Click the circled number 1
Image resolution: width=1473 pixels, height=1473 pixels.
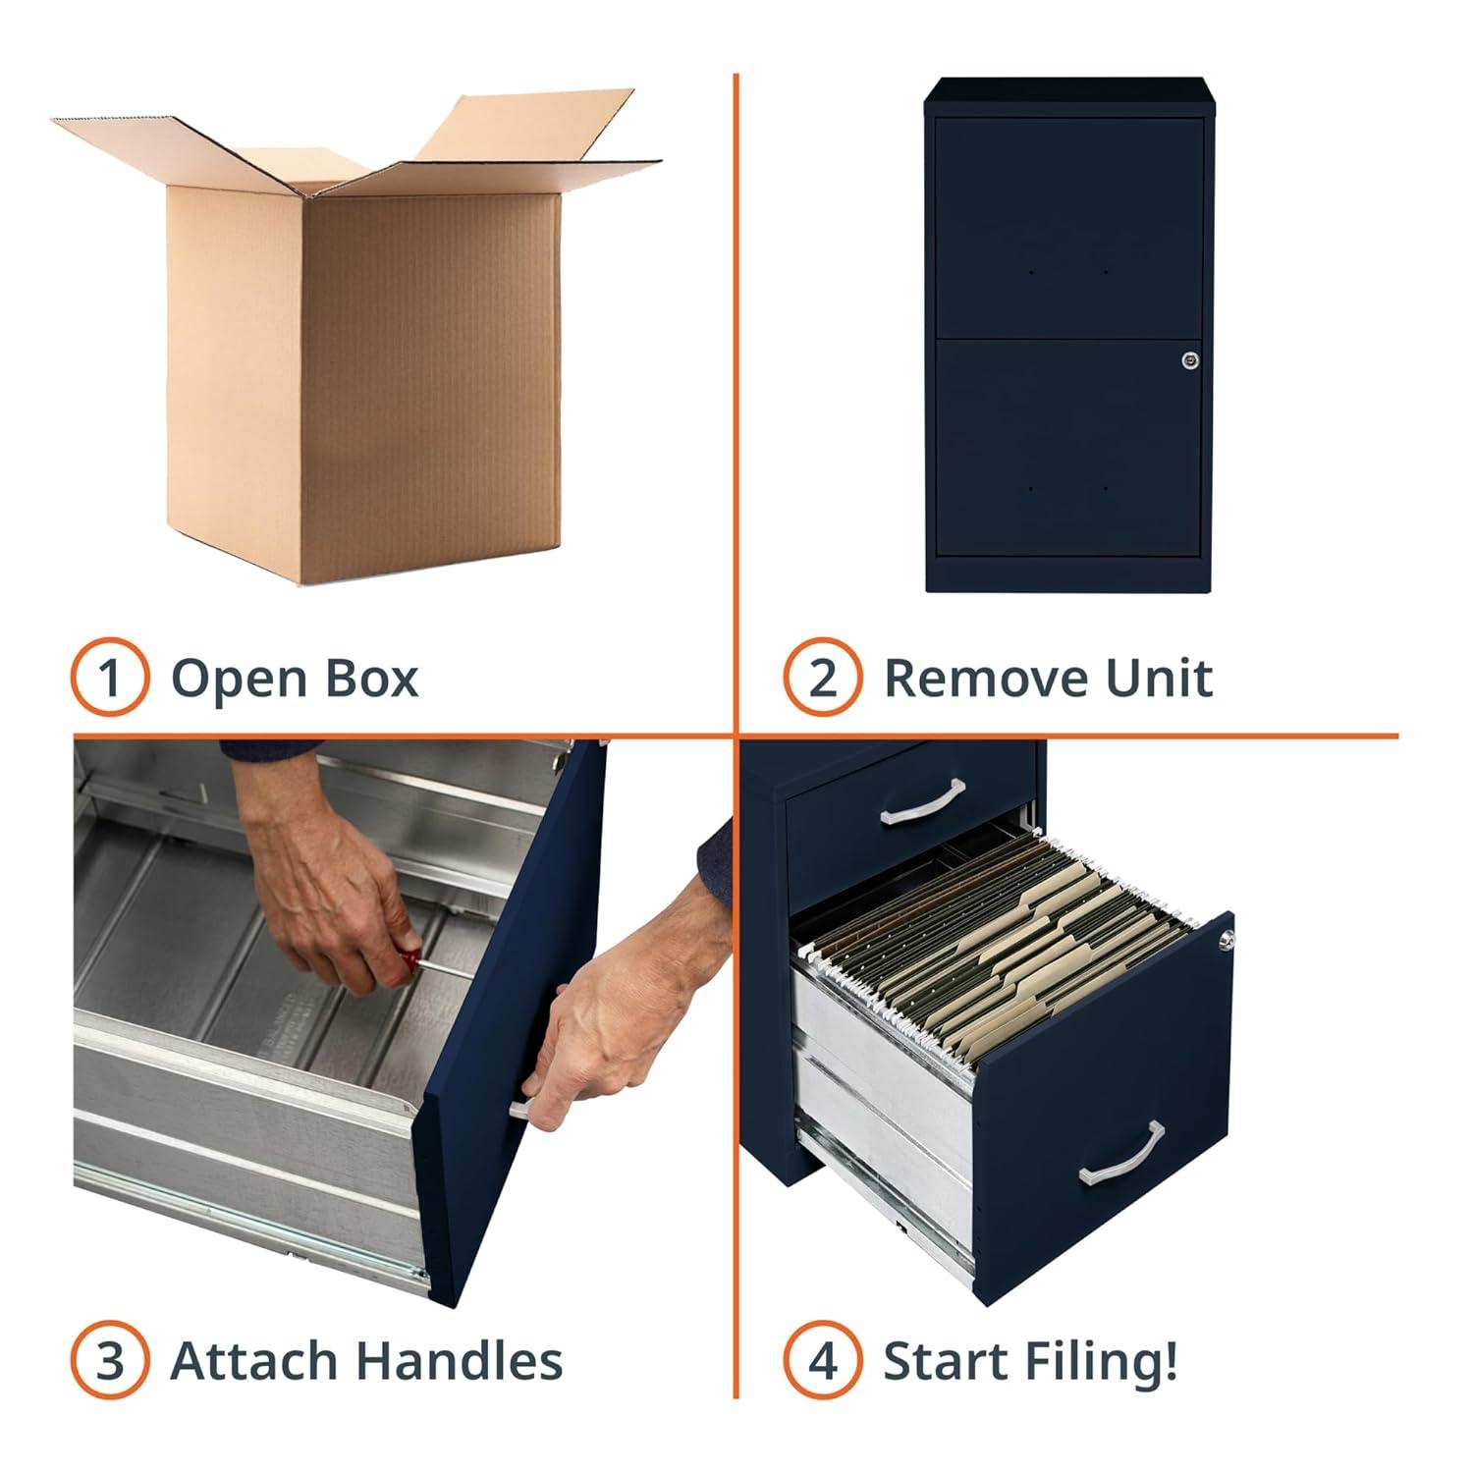110,678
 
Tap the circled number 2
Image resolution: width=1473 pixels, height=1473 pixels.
823,678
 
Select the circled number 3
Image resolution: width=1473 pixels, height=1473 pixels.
110,1361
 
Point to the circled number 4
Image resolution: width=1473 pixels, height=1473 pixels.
823,1361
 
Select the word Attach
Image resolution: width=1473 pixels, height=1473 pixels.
253,1361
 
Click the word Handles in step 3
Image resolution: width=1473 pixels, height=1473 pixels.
459,1361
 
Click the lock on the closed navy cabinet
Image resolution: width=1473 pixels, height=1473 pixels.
1190,361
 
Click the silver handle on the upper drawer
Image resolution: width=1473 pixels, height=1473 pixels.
923,801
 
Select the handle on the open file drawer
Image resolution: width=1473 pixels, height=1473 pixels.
1121,1153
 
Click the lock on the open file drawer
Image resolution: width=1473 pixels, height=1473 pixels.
1227,940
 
